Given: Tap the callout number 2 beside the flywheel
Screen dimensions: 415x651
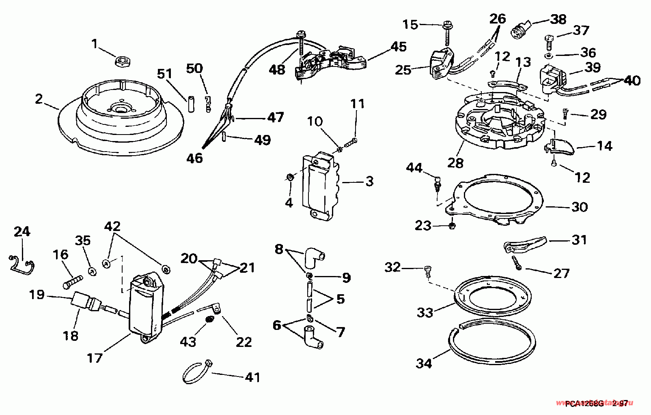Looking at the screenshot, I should coord(39,99).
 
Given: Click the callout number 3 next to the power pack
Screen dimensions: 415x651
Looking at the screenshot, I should coord(369,181).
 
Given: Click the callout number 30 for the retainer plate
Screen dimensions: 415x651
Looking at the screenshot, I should coord(579,207).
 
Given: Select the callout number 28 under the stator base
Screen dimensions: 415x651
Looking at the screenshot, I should coord(455,163).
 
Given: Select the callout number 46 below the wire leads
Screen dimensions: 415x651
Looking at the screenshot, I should coord(194,158).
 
